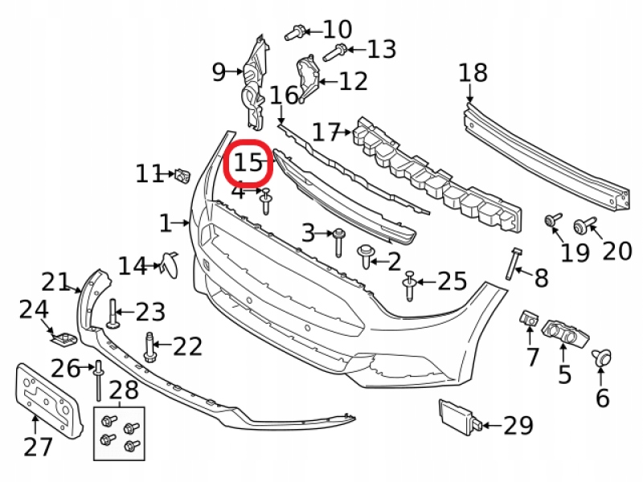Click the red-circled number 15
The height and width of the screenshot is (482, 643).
tap(248, 163)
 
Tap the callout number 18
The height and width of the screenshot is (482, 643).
tap(473, 73)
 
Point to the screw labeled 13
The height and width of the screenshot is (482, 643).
tap(334, 53)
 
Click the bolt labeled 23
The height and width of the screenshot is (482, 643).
tap(113, 313)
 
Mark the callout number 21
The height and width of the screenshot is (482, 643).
tap(55, 282)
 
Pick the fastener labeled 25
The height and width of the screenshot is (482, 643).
tap(410, 285)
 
